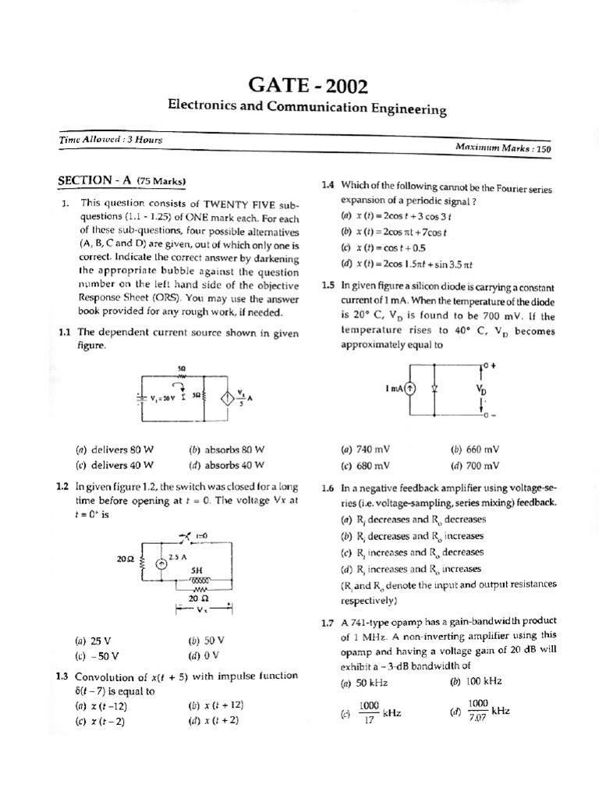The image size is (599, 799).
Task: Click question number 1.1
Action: click(x=66, y=332)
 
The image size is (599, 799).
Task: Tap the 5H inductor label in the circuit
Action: click(x=197, y=570)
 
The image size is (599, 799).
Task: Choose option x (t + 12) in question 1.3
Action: click(x=216, y=705)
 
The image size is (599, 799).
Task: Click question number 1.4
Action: click(x=328, y=185)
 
